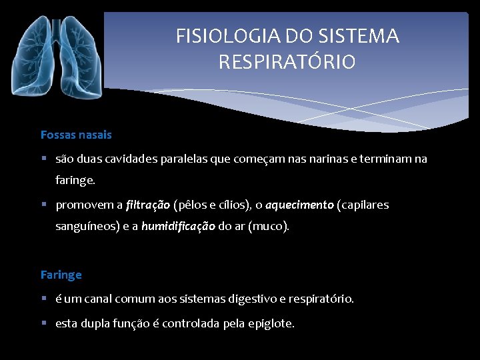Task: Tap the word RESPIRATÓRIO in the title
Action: click(287, 62)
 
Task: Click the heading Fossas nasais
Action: click(76, 135)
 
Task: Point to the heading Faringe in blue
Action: click(61, 275)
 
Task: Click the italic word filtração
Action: click(147, 205)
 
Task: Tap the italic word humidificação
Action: click(178, 226)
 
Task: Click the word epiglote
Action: click(270, 323)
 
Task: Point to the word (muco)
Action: click(269, 226)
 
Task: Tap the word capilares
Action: click(365, 205)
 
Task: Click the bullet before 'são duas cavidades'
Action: click(43, 159)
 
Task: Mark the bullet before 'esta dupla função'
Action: click(43, 323)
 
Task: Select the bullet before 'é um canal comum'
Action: click(43, 299)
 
